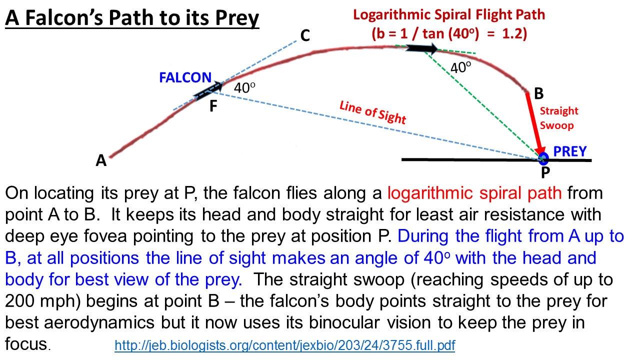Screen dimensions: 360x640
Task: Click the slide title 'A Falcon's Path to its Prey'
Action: click(x=132, y=19)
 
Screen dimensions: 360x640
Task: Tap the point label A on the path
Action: click(x=101, y=160)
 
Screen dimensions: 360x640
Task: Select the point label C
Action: click(x=305, y=35)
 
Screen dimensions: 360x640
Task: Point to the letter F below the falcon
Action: click(x=213, y=106)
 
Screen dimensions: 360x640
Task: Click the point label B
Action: click(x=538, y=93)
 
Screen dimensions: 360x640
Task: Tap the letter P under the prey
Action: click(x=545, y=173)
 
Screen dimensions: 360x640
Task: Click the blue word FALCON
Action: click(x=185, y=78)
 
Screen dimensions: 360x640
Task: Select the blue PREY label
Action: click(x=570, y=151)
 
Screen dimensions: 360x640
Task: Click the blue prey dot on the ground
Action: click(x=543, y=159)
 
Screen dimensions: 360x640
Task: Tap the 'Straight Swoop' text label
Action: click(x=558, y=118)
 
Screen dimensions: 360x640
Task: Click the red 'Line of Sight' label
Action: click(x=372, y=113)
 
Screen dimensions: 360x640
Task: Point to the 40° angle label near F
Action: click(x=245, y=88)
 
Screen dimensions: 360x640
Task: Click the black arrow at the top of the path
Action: click(x=421, y=48)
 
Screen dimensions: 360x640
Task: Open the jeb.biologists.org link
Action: click(x=285, y=345)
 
